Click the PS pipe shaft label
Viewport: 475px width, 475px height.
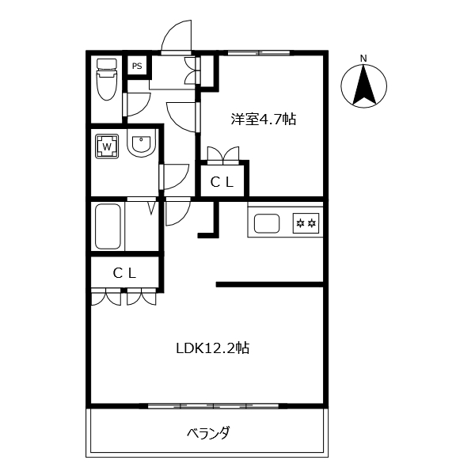click(x=137, y=66)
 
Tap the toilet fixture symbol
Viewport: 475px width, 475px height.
click(x=106, y=79)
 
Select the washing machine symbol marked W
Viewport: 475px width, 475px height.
click(x=107, y=146)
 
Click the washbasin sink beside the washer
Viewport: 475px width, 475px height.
click(x=141, y=143)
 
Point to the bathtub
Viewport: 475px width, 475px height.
click(x=108, y=226)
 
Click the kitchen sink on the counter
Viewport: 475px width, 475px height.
click(x=267, y=223)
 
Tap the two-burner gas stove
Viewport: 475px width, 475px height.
click(x=306, y=223)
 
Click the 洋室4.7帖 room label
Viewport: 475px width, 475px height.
click(x=264, y=119)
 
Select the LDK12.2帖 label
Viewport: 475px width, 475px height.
click(x=213, y=348)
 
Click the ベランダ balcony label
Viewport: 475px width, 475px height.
click(x=208, y=433)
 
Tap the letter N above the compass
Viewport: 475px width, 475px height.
click(x=363, y=58)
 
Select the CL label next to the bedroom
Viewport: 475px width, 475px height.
click(x=222, y=182)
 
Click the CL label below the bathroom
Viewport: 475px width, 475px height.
click(x=124, y=274)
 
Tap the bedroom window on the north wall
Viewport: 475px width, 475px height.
click(x=259, y=53)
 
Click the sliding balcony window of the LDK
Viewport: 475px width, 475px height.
click(x=213, y=406)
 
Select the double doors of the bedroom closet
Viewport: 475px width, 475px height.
click(x=223, y=155)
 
